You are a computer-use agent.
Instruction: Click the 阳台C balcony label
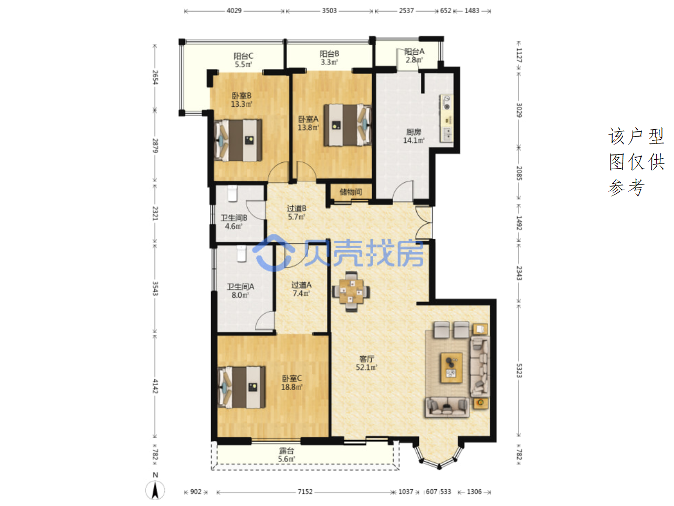coord(243,56)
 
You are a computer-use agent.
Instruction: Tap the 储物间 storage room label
coord(351,192)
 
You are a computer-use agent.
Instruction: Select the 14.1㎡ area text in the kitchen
coord(414,140)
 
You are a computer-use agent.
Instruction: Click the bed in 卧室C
coord(241,387)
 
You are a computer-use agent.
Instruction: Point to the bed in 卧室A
coord(347,125)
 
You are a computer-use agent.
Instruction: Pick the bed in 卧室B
coord(238,140)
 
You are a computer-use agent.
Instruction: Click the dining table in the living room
coord(351,291)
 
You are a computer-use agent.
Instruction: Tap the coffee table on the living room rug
coord(451,368)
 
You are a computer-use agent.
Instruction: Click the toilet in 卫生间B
coord(233,193)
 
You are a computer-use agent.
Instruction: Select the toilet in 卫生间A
coord(241,254)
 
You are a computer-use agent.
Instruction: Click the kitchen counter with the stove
coord(447,118)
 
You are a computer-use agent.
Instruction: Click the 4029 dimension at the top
coord(234,11)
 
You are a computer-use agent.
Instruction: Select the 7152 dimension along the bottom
coord(305,492)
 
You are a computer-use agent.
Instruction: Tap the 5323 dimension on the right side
coord(519,370)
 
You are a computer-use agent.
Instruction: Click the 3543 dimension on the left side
coord(155,288)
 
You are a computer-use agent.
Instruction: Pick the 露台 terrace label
coord(287,451)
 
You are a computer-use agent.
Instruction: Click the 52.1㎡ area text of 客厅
coord(366,367)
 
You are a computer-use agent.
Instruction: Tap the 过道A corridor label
coord(301,285)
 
